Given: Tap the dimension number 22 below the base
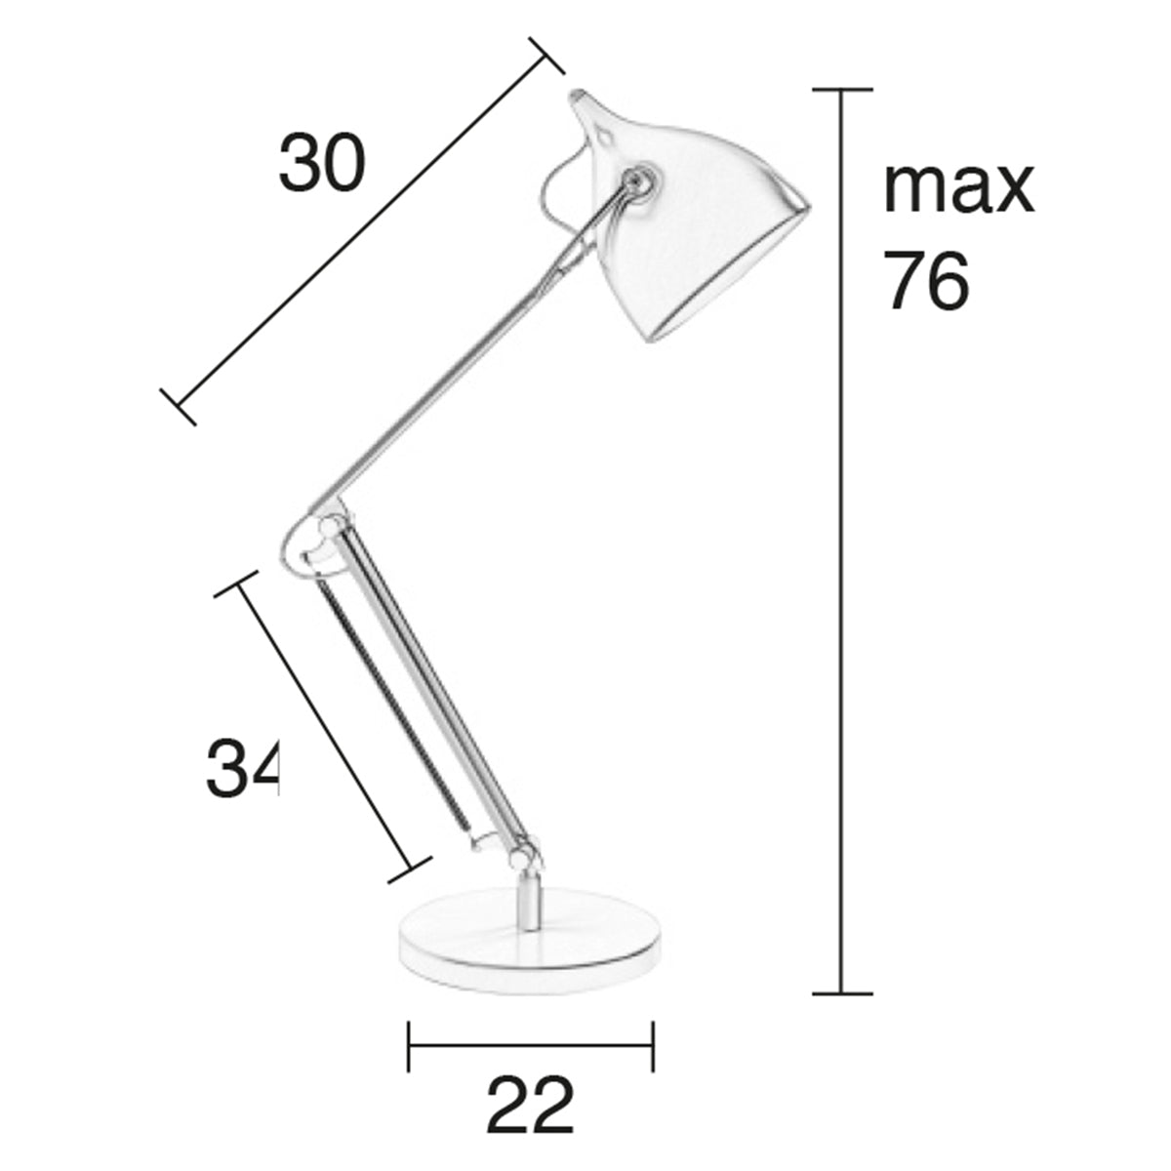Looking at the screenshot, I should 530,1106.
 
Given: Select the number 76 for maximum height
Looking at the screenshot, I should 926,280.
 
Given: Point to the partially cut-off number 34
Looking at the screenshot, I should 243,768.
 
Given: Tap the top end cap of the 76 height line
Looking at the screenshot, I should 841,90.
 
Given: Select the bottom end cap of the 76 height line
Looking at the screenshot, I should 841,993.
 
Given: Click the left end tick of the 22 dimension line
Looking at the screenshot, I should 409,1045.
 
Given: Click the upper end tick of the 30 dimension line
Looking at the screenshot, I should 546,56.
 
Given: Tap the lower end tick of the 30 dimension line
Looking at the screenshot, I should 179,408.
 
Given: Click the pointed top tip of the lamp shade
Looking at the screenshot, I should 580,97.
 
